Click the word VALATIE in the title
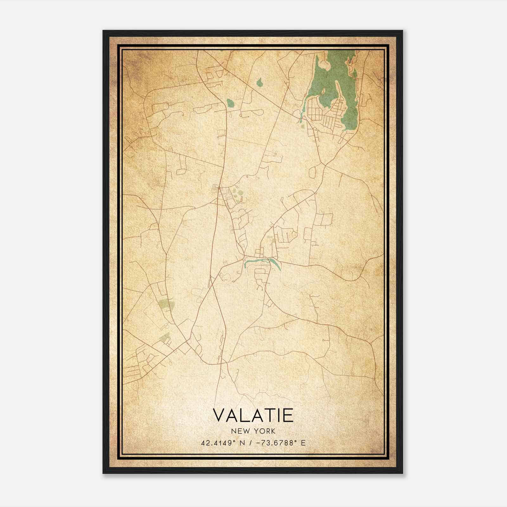coord(253,416)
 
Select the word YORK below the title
coord(264,431)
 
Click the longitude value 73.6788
coord(279,443)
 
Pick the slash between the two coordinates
coord(251,443)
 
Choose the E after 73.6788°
coord(304,443)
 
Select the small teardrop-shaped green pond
coord(260,83)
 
